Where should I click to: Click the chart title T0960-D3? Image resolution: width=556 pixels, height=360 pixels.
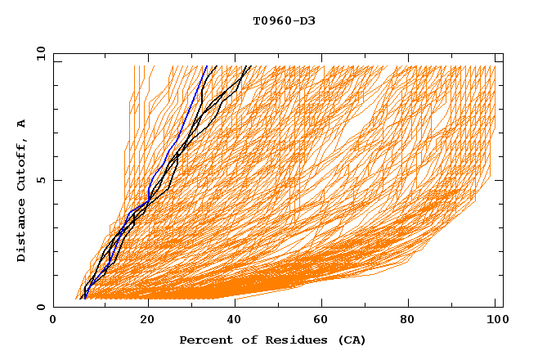(284, 21)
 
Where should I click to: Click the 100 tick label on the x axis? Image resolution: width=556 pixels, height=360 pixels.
(495, 321)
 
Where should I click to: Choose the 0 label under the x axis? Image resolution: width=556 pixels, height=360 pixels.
(54, 321)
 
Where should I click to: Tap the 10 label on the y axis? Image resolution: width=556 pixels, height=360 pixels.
(38, 53)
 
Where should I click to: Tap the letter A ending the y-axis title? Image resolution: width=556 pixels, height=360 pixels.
(22, 124)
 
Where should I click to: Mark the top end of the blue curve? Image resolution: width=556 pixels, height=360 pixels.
(207, 67)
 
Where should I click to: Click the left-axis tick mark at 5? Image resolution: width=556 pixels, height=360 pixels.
(56, 180)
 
